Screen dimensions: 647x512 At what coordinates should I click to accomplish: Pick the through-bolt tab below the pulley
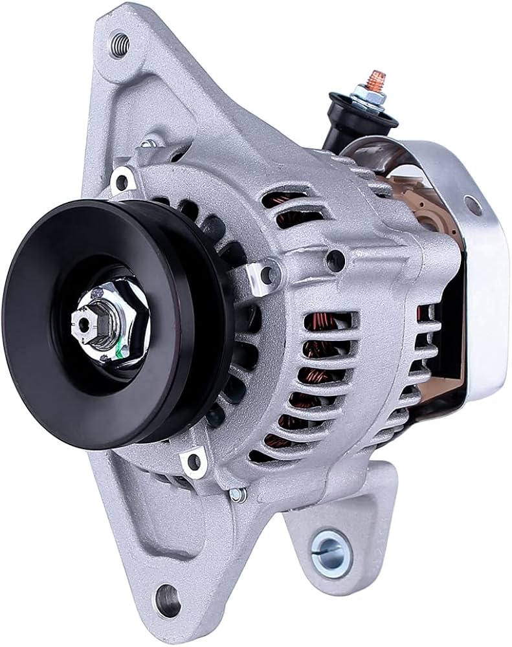(192, 461)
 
